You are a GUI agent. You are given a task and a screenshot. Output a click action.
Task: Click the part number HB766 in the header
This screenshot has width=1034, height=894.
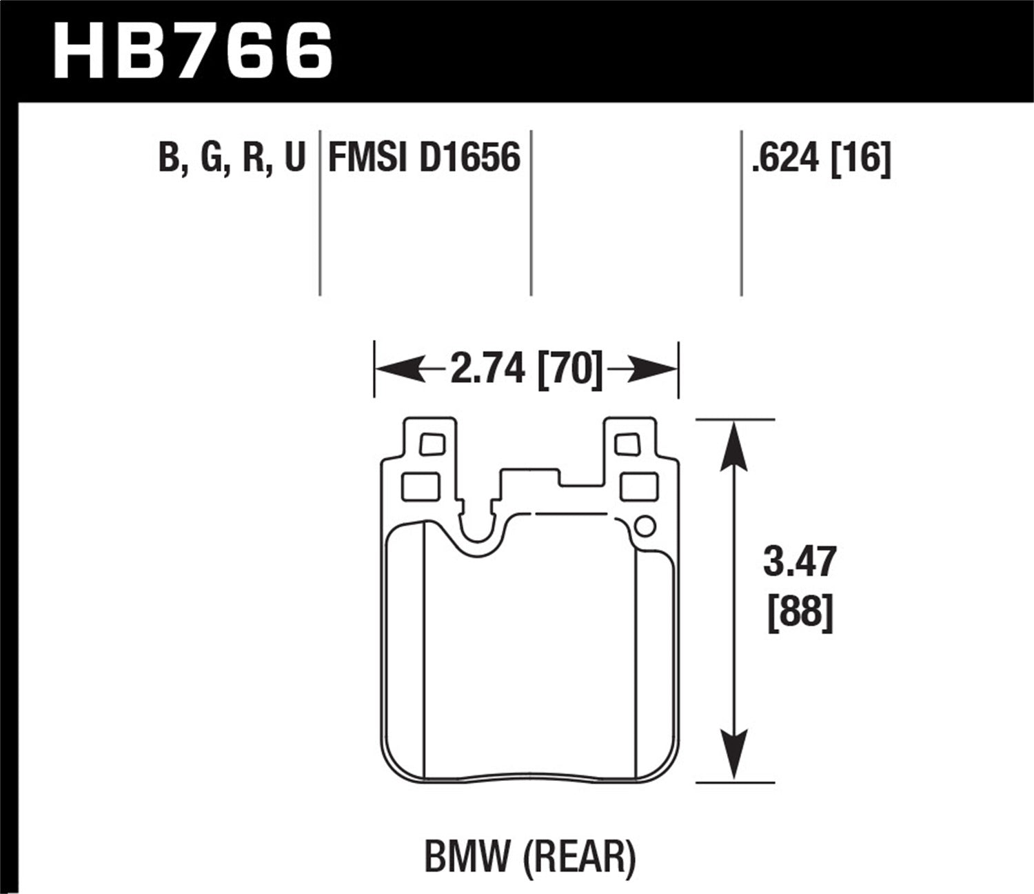(193, 49)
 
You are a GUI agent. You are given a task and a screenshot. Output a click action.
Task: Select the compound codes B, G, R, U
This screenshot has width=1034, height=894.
(232, 158)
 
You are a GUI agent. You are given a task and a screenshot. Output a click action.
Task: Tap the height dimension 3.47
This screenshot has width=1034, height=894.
(800, 562)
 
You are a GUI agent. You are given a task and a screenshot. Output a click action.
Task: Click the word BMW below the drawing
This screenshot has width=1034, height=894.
(470, 857)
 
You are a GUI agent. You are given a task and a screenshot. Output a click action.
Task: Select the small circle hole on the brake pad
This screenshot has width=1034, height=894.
(643, 526)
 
